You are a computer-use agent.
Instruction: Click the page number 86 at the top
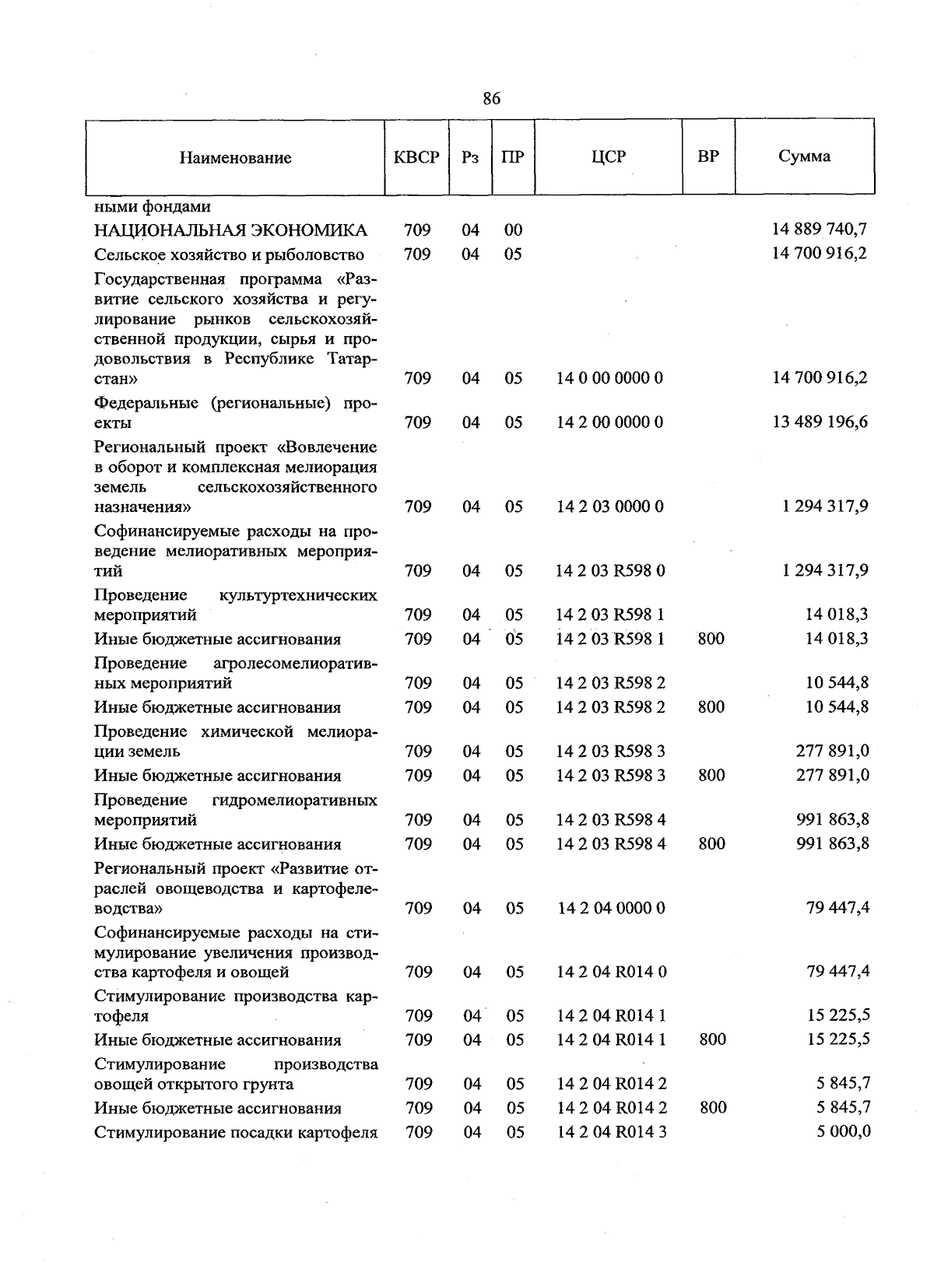[x=491, y=98]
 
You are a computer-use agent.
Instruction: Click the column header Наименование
[x=235, y=158]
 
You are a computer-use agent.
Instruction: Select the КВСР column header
[x=416, y=157]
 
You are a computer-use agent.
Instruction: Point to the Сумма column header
[x=804, y=156]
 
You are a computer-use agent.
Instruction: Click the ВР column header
[x=708, y=156]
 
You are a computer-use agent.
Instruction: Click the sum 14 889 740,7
[x=820, y=230]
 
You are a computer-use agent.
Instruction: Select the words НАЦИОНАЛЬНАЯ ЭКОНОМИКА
[x=230, y=230]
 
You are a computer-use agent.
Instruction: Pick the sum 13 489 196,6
[x=820, y=422]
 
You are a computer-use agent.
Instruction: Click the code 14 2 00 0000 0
[x=609, y=422]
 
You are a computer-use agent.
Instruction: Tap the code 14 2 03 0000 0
[x=609, y=506]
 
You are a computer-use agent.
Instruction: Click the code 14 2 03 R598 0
[x=609, y=571]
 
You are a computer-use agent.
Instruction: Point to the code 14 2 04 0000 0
[x=610, y=908]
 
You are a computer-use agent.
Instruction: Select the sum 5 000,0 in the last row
[x=843, y=1132]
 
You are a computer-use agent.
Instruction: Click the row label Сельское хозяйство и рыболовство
[x=229, y=254]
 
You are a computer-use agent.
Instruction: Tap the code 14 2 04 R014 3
[x=611, y=1133]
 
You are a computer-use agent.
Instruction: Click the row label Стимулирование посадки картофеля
[x=236, y=1133]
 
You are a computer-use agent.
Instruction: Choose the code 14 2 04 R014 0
[x=611, y=972]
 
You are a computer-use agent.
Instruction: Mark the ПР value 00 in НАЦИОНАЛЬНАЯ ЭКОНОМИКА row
[x=513, y=230]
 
